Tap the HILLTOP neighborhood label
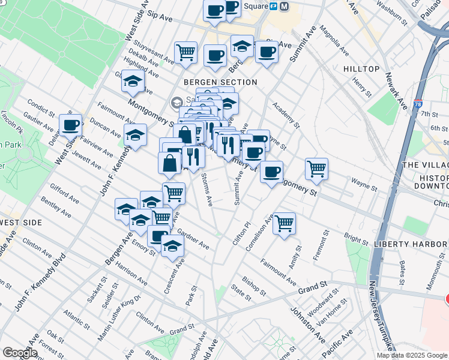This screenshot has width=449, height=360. click(x=361, y=69)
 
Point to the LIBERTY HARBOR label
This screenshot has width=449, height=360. click(x=411, y=244)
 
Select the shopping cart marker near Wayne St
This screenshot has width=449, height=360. click(x=316, y=169)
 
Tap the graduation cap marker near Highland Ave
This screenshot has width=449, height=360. click(x=133, y=83)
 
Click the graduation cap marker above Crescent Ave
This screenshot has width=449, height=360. click(x=172, y=246)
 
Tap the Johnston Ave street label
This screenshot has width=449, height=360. click(x=303, y=318)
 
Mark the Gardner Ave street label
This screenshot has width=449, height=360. click(x=193, y=242)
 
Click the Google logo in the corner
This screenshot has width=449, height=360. click(x=21, y=353)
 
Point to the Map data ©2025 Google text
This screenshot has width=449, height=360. click(x=412, y=355)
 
